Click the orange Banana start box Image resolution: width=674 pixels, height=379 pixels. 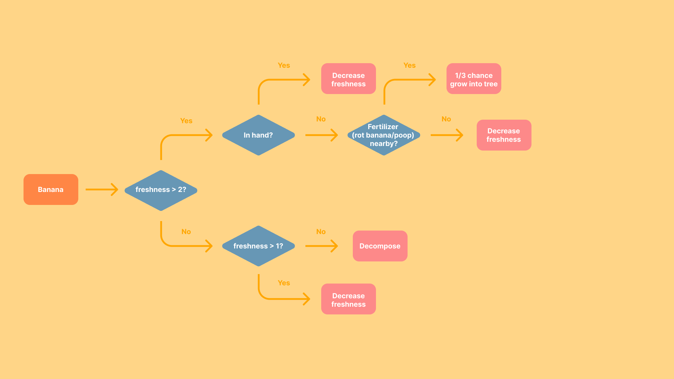tap(51, 189)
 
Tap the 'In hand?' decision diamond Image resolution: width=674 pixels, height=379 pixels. tap(258, 135)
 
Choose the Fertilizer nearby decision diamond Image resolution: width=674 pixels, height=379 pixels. tap(383, 135)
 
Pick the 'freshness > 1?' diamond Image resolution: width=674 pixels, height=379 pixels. tap(258, 246)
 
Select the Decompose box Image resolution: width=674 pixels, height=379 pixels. tap(380, 246)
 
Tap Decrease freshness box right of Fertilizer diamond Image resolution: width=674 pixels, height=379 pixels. tap(504, 135)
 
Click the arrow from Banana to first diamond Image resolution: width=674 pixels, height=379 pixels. tap(102, 189)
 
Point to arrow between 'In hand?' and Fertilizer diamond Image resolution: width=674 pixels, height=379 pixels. tap(321, 135)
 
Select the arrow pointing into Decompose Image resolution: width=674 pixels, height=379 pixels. tap(321, 246)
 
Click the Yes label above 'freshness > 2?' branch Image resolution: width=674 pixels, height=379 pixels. tap(186, 121)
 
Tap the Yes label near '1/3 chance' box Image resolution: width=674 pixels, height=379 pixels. tap(409, 65)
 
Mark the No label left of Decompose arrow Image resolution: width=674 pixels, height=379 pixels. tap(321, 232)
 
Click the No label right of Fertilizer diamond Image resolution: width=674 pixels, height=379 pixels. tap(446, 119)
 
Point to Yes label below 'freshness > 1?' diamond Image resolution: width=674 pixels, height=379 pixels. tap(284, 283)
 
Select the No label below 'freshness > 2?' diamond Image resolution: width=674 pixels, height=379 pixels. tap(186, 232)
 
